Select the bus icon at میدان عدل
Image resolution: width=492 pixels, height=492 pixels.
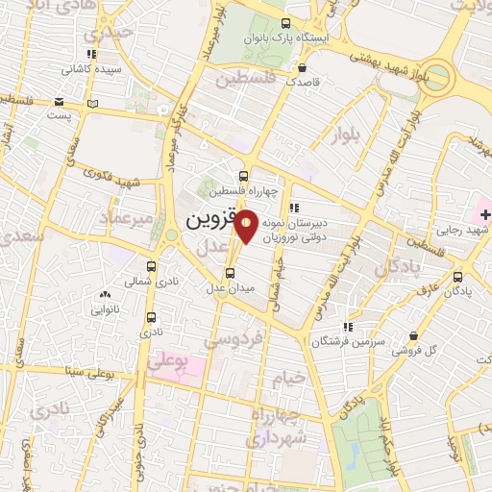tap(229, 273)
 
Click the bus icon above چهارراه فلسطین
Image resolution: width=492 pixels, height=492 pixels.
tap(243, 176)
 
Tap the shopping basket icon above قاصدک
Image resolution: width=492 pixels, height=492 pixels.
tap(304, 68)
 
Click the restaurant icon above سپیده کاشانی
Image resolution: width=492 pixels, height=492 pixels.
tap(91, 55)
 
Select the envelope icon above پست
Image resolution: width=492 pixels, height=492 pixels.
tap(60, 102)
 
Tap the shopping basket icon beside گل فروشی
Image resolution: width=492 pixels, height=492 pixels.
tap(413, 336)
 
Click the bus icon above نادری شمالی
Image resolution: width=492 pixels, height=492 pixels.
tap(151, 266)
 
